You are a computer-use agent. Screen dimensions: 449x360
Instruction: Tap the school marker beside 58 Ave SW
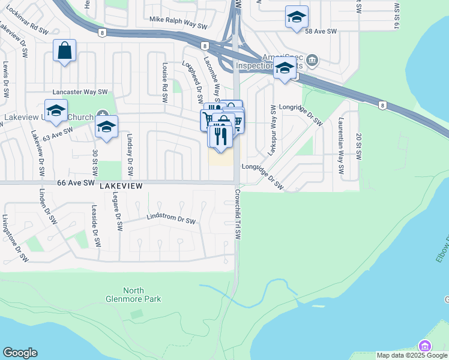tap(297, 17)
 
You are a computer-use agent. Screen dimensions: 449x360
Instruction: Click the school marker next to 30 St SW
tap(106, 127)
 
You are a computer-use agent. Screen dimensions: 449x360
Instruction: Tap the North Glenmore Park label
tap(142, 294)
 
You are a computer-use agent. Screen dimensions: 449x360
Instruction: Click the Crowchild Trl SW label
tap(238, 215)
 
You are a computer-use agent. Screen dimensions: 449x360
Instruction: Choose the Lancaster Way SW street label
tap(80, 92)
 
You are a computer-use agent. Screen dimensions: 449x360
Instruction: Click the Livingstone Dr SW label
tap(15, 238)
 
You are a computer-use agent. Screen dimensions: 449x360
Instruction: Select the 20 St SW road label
tap(358, 147)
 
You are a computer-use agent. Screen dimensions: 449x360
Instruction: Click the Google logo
tap(20, 353)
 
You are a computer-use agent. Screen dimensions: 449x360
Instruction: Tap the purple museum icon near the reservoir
tap(425, 346)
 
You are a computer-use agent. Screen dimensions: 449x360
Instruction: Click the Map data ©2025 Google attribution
tap(412, 355)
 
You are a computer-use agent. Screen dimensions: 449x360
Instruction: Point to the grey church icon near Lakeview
tap(102, 115)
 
